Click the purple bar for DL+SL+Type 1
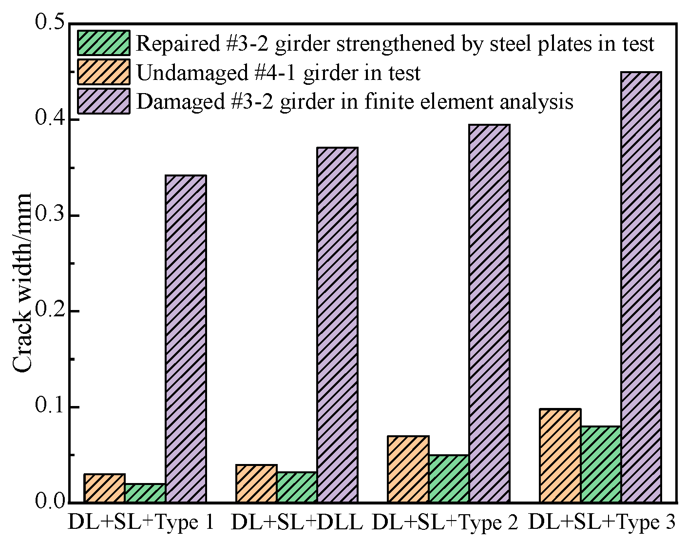[186, 338]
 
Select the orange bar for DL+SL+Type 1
[104, 488]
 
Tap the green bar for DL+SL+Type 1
[145, 493]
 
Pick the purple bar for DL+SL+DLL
[337, 325]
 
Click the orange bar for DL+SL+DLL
[256, 483]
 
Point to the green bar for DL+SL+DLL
[297, 487]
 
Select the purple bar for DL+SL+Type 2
[489, 313]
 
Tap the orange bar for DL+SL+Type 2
[408, 469]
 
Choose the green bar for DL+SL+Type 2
[449, 478]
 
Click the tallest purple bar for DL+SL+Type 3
[641, 287]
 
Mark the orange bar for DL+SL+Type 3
[560, 455]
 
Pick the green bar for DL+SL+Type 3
[601, 464]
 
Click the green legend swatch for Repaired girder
[104, 43]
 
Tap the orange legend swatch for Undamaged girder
[104, 72]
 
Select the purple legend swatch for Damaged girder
[104, 101]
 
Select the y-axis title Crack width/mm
[22, 283]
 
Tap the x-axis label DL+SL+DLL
[297, 523]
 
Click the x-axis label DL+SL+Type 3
[602, 523]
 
